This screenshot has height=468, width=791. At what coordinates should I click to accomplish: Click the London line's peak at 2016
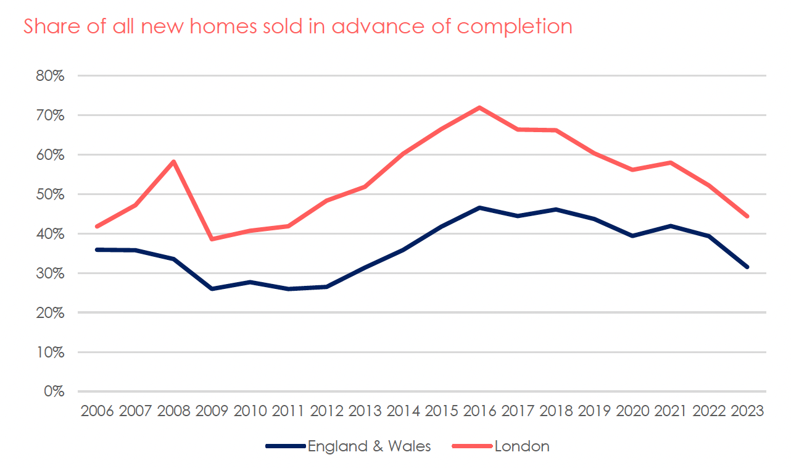tap(479, 107)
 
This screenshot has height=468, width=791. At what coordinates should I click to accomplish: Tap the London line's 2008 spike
tap(174, 162)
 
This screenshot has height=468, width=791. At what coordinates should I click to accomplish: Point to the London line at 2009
tap(212, 239)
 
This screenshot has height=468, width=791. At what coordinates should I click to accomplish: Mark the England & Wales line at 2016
tap(479, 208)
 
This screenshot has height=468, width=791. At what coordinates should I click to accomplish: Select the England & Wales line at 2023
tap(747, 267)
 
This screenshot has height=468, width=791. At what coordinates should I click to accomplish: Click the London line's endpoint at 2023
tap(747, 216)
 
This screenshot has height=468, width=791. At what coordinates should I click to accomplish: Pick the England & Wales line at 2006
tap(97, 249)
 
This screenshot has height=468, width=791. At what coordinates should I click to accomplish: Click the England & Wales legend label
tap(369, 446)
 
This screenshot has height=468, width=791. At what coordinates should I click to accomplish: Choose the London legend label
tap(521, 446)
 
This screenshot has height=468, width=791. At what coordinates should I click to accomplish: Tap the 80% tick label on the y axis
tap(50, 76)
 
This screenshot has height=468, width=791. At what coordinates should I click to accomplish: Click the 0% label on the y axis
tap(54, 391)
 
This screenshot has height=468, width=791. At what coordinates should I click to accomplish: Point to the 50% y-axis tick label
tap(50, 194)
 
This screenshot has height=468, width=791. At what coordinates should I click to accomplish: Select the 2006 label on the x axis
tap(97, 411)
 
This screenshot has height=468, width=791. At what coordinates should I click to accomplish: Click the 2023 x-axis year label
tap(747, 411)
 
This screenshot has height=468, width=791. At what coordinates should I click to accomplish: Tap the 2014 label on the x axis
tap(404, 411)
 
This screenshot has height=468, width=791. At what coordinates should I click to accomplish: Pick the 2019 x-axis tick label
tap(594, 411)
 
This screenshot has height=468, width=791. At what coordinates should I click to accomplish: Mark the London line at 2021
tap(671, 162)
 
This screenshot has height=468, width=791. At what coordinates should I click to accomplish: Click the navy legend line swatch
tap(286, 446)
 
